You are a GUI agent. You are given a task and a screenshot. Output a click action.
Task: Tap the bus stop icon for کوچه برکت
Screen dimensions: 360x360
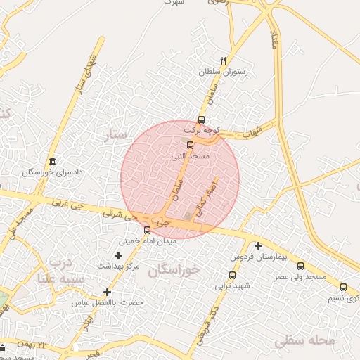point(202,120)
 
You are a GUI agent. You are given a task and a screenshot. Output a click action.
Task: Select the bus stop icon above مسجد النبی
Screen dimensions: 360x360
point(190,146)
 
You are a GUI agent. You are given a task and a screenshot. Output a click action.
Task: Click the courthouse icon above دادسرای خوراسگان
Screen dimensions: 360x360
point(53,161)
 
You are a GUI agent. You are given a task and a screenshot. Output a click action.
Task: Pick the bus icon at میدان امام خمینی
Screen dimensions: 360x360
point(147,230)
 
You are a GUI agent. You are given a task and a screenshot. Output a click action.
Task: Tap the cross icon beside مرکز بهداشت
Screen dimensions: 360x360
point(118,255)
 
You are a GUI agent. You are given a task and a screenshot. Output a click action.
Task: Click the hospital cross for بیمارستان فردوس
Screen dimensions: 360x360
point(259,246)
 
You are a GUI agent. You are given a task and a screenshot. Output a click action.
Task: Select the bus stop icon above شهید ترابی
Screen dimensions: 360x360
point(232,275)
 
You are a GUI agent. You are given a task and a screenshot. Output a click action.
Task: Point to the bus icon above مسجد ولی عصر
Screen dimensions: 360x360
point(301,266)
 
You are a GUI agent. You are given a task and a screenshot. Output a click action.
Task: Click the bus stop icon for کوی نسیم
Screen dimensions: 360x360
point(343,287)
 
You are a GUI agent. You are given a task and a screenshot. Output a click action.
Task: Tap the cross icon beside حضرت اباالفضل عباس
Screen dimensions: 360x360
point(107,292)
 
